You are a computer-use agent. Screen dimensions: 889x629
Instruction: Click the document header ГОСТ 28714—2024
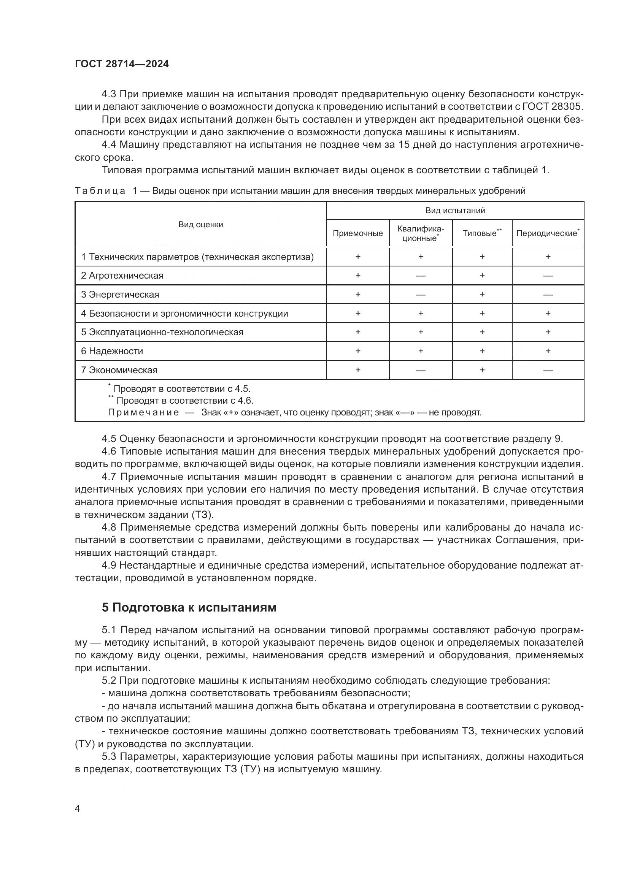click(122, 64)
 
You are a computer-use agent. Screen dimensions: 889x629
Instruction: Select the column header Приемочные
click(357, 233)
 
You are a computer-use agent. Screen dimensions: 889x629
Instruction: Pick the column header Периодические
click(547, 233)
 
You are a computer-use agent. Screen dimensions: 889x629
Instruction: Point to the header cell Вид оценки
click(201, 225)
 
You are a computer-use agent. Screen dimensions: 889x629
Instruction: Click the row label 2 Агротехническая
click(122, 276)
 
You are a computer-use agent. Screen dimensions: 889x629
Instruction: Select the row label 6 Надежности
click(112, 351)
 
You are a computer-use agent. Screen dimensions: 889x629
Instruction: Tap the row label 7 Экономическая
click(119, 370)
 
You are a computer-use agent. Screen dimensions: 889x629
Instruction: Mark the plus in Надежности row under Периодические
click(548, 351)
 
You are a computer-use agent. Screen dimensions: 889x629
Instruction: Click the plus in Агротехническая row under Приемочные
click(357, 276)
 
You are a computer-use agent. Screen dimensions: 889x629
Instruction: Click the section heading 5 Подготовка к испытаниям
click(189, 607)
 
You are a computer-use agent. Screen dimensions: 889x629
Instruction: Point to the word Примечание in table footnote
click(143, 412)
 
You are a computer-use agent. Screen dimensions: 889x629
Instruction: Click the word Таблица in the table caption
click(100, 191)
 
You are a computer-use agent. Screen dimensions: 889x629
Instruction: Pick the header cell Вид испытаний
click(455, 211)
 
